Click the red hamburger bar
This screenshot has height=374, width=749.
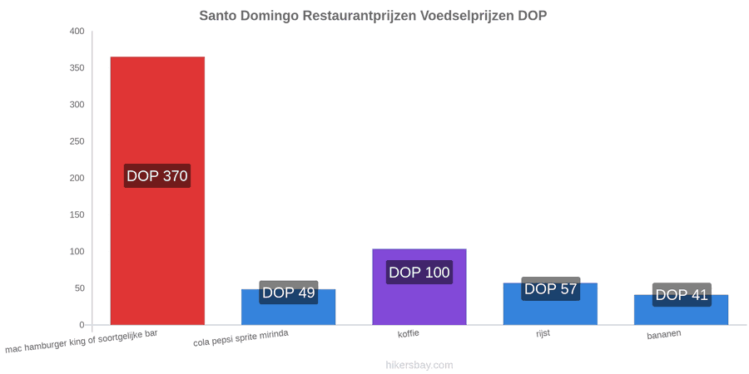coord(157,191)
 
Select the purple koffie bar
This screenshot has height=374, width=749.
coord(419,287)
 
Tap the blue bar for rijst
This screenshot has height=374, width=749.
coord(550,304)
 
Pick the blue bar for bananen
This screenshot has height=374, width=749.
coord(681,310)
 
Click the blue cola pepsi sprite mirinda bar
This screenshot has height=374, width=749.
coord(289,307)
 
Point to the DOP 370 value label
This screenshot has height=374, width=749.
coord(157,176)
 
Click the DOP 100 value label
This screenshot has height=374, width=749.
coord(419,273)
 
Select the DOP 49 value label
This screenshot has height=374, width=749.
coord(289,293)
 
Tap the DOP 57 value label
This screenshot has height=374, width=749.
coord(551,288)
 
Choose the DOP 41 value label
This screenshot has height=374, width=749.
coord(682,295)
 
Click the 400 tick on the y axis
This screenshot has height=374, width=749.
coord(77,32)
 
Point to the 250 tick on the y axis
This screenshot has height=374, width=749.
coord(77,141)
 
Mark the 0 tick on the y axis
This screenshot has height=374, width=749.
coord(82,325)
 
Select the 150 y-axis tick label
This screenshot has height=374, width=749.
coord(77,215)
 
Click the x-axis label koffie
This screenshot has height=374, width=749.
coord(409,333)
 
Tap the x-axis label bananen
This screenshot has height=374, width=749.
coord(664,334)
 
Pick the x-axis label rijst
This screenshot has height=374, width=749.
coord(543,333)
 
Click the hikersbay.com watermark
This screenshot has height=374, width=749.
coord(419,365)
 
